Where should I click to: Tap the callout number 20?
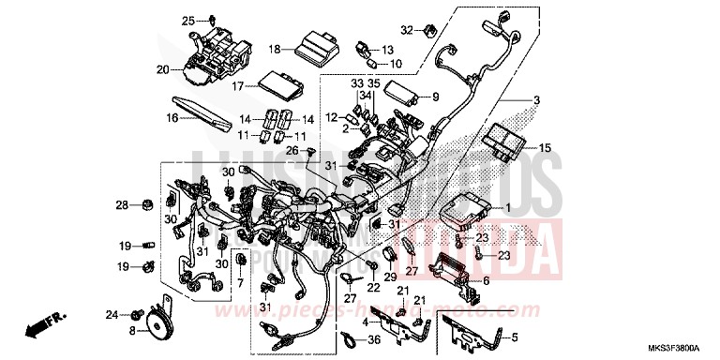[162, 69]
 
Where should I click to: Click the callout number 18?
[275, 49]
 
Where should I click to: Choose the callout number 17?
[238, 86]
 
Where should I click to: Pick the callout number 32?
[405, 29]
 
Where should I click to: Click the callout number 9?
[435, 97]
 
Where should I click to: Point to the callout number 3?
[537, 101]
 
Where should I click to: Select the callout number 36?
[373, 339]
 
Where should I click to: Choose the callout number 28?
[121, 204]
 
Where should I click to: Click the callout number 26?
[292, 150]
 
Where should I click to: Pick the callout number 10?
[396, 64]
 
